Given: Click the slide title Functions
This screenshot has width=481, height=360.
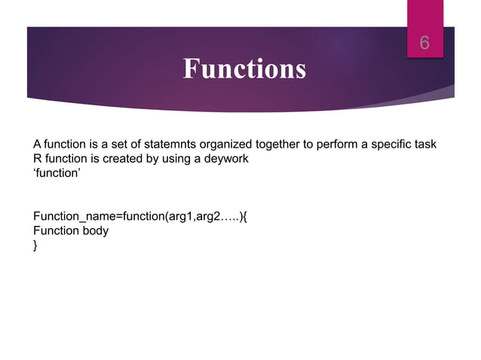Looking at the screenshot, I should coord(244,69).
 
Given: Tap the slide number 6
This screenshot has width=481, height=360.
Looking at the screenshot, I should coord(424,44).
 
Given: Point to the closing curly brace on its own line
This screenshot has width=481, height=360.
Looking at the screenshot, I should coord(35,246).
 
